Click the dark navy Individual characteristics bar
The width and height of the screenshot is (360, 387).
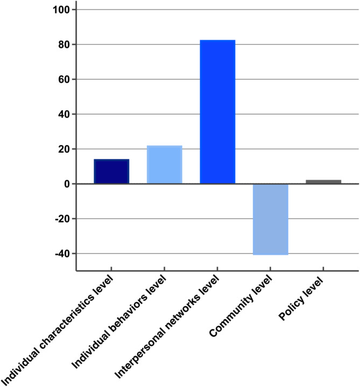111,171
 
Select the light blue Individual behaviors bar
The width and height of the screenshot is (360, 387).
165,164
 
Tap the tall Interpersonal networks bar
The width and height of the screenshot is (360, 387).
217,112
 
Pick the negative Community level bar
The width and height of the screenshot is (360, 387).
271,219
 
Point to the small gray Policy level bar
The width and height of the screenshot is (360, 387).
323,182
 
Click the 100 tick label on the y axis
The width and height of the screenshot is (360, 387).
61,10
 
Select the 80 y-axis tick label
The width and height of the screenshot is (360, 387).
64,45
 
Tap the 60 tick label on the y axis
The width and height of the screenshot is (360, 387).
64,80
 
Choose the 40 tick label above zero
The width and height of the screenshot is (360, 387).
64,114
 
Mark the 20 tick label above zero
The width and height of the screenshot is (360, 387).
64,149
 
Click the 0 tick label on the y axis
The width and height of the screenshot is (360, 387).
67,184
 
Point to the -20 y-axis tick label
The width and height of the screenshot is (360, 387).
62,219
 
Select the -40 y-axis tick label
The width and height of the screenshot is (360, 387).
62,254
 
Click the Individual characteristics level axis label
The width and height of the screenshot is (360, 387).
58,330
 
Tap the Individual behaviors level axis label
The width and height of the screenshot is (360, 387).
118,322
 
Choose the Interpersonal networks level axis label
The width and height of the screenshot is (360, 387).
167,327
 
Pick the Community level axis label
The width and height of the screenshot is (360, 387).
241,306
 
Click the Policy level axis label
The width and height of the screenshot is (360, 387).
301,299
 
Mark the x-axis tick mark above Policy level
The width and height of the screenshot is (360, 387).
323,269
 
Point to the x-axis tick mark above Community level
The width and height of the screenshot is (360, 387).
270,269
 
